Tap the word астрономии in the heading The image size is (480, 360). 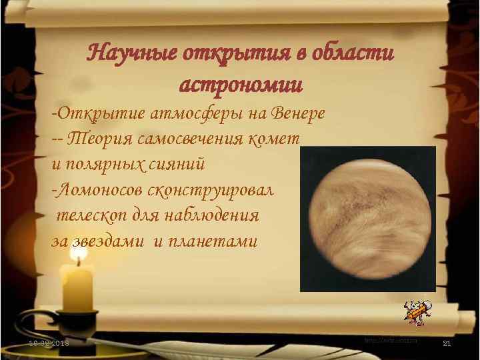coord(241,85)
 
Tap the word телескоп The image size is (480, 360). coord(89,215)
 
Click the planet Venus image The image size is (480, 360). coord(367,219)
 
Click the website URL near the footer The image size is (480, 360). coord(391,340)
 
